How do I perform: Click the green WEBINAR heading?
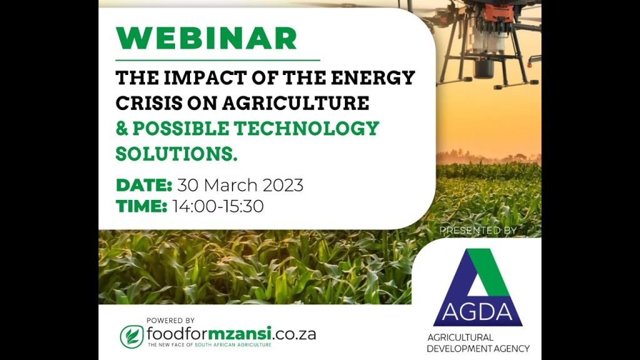click(x=206, y=39)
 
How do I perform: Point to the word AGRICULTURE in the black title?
click(x=296, y=103)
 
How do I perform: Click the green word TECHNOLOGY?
click(x=306, y=128)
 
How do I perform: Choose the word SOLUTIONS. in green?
click(x=176, y=154)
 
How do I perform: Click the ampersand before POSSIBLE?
click(x=122, y=129)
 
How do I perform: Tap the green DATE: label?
click(x=144, y=185)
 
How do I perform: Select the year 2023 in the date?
click(x=283, y=185)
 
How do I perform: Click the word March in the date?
click(x=231, y=185)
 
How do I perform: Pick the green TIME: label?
click(x=141, y=206)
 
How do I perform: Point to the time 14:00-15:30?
click(x=217, y=206)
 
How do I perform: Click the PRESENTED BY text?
click(x=478, y=231)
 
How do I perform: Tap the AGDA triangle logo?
click(x=478, y=287)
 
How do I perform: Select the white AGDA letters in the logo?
click(x=477, y=312)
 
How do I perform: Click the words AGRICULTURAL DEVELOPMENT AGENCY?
click(x=478, y=343)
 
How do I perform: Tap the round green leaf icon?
click(x=132, y=337)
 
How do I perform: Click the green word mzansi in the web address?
click(x=239, y=334)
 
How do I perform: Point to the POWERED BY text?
click(x=171, y=321)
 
